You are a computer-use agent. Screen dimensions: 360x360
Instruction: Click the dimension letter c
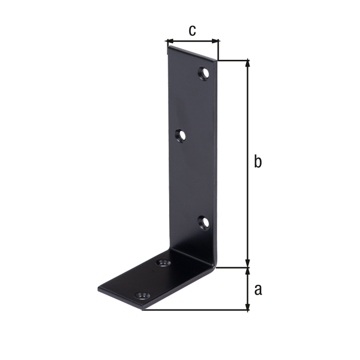[192, 31]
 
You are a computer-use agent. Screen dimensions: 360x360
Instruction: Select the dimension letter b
[257, 162]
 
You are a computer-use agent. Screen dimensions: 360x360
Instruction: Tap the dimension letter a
[258, 290]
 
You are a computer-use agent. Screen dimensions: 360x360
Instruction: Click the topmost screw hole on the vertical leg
[204, 74]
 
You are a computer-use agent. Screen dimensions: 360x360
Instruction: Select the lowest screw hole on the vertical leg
[204, 223]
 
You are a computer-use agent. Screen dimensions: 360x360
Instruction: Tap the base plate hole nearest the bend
[163, 263]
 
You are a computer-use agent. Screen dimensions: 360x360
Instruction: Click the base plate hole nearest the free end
[142, 296]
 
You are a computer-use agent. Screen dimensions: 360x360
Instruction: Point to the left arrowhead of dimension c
[168, 42]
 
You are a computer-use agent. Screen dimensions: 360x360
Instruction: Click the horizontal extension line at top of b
[234, 60]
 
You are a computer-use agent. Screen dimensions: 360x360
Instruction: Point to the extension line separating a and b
[234, 268]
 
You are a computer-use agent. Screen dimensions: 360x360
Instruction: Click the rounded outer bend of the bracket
[213, 264]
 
